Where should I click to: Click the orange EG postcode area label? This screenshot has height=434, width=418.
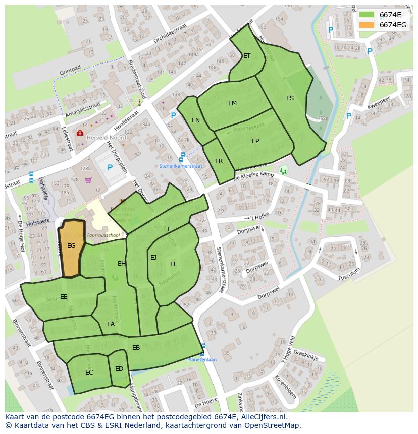(x=71, y=246)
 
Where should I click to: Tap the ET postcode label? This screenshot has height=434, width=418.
(x=247, y=56)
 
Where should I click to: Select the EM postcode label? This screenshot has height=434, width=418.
(x=232, y=103)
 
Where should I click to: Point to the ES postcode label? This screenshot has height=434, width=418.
(x=290, y=98)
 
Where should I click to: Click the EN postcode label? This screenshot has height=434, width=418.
(x=196, y=120)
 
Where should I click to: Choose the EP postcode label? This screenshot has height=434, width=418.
(x=255, y=141)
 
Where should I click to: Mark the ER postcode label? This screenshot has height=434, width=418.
(x=219, y=161)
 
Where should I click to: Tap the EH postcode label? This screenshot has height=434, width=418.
(x=122, y=264)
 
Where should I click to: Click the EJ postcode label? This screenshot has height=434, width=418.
(x=153, y=258)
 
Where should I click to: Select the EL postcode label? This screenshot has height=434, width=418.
(x=174, y=264)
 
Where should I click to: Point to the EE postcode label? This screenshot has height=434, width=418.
(x=64, y=297)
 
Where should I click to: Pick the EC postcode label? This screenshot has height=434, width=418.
(x=89, y=373)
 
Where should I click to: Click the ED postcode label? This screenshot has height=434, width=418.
(x=119, y=369)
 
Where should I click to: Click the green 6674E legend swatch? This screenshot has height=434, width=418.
(x=367, y=15)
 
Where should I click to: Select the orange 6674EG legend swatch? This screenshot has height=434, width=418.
(x=367, y=25)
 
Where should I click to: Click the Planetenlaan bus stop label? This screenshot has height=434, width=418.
(x=202, y=360)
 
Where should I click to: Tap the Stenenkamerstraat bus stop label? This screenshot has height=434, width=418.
(x=181, y=165)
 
